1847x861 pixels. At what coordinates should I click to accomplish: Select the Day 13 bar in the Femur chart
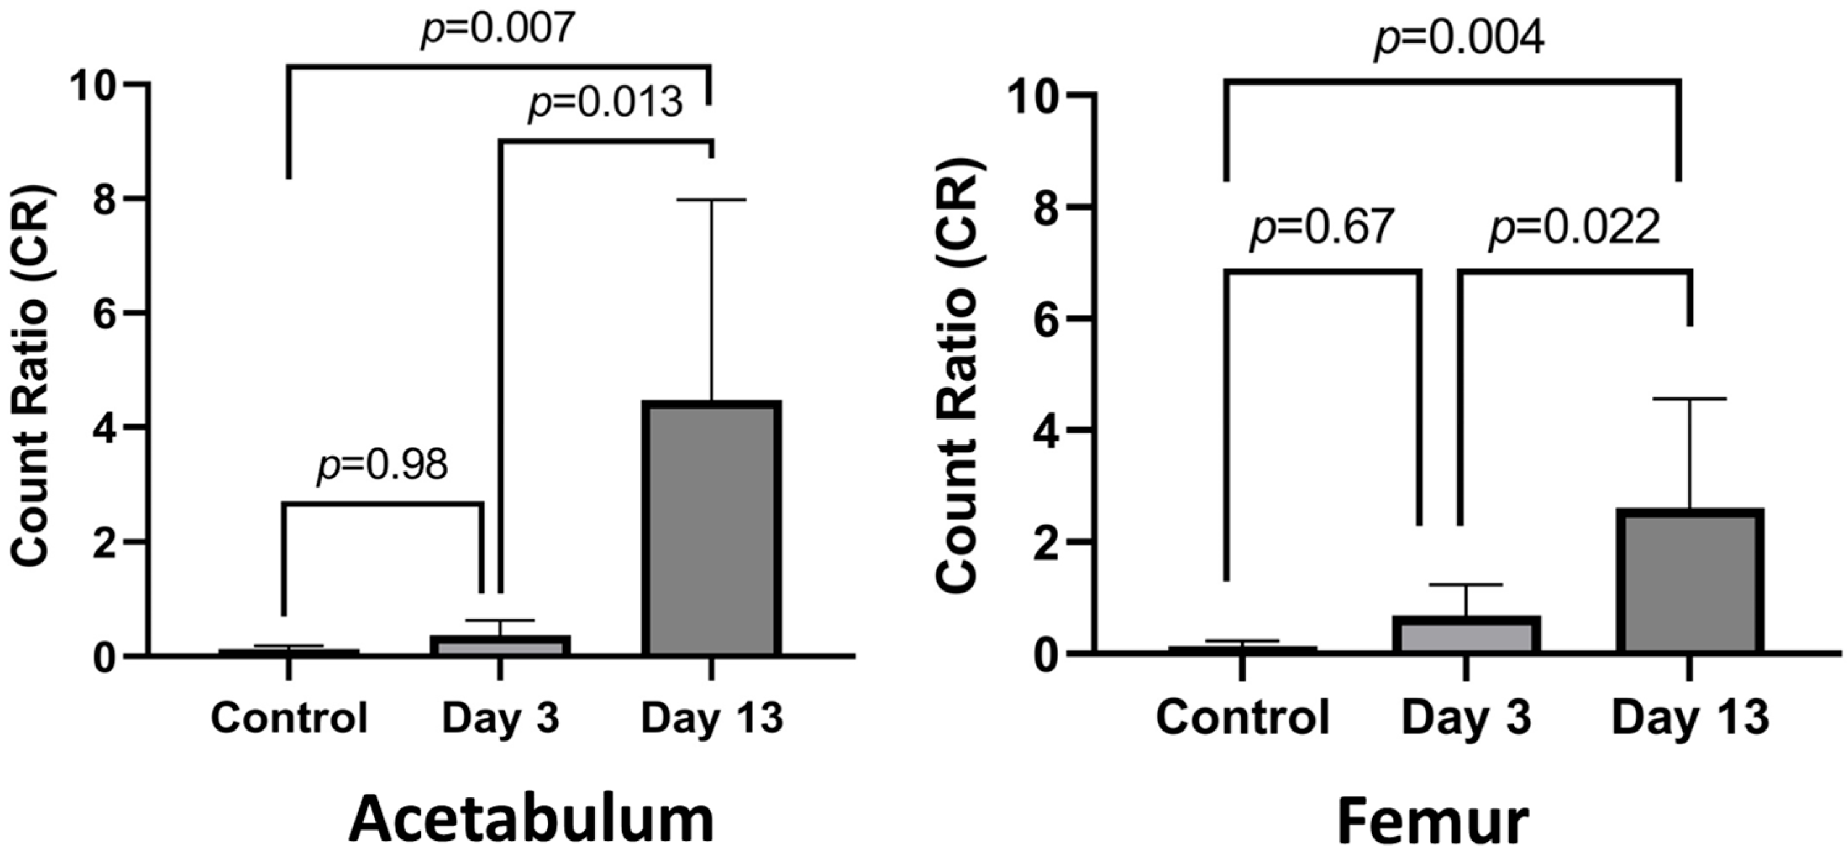tap(1690, 581)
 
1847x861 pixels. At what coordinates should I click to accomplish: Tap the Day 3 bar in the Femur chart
tap(1466, 634)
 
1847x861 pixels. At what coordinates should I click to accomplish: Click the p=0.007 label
tap(498, 28)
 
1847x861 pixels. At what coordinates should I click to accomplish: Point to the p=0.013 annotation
tap(605, 102)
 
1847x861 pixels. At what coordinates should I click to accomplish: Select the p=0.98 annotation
tap(383, 465)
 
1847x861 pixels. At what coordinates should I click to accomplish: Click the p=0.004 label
tap(1459, 40)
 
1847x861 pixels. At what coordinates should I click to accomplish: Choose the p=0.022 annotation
tap(1575, 228)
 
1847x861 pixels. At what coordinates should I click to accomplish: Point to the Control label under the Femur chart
tap(1242, 717)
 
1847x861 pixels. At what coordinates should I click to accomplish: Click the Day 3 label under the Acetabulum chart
tap(500, 718)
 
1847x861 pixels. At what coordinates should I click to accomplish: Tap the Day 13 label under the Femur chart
tap(1690, 717)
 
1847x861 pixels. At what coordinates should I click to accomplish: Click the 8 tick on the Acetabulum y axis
tap(107, 199)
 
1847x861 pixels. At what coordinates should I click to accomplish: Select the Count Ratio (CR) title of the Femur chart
tap(957, 376)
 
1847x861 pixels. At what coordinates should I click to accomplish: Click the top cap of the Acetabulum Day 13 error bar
tap(711, 200)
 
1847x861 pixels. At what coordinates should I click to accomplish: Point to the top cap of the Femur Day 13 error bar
tap(1690, 398)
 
